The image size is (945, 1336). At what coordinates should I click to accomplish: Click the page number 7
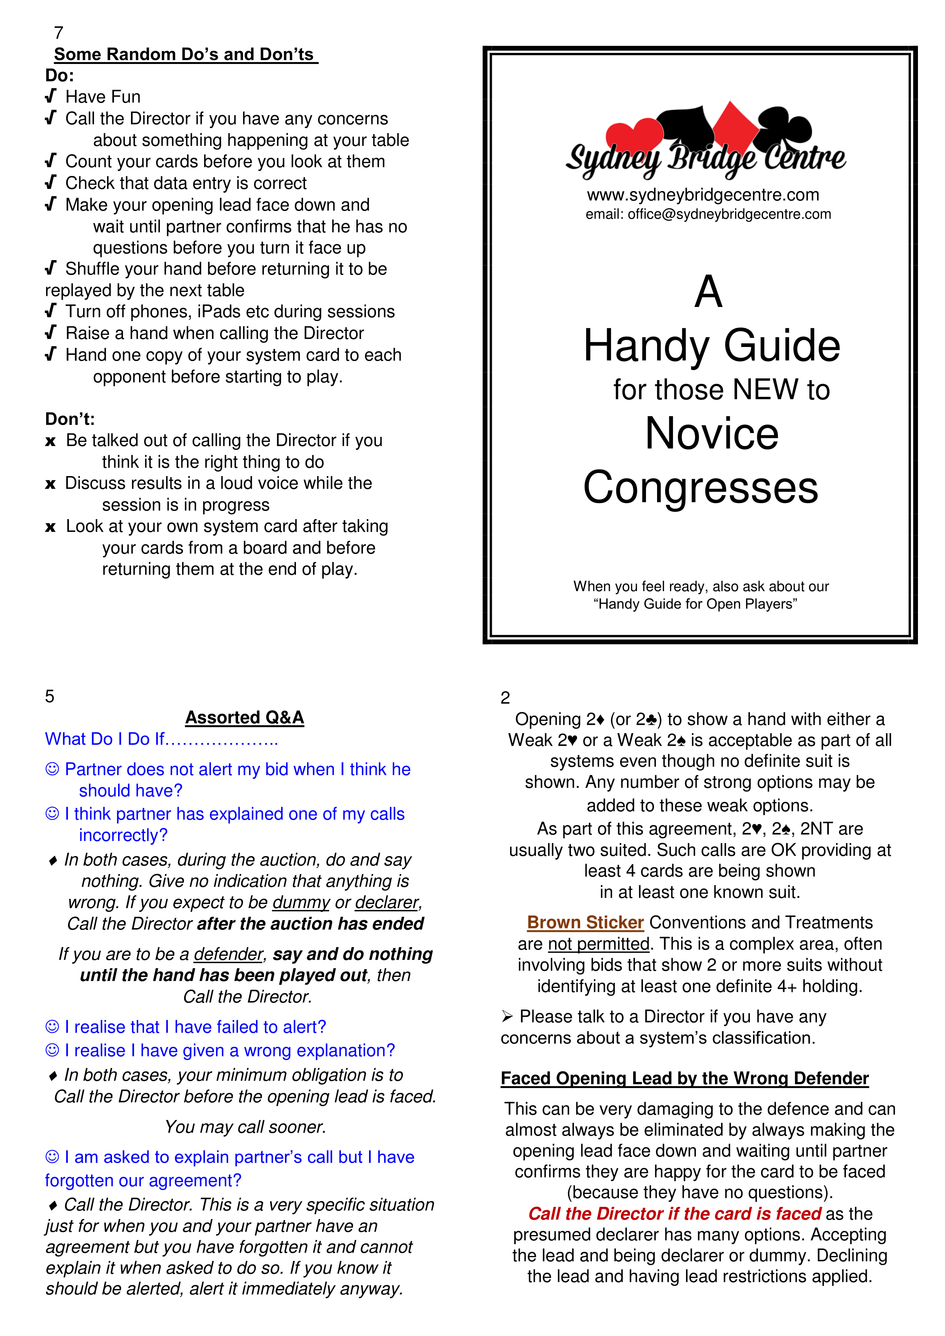tap(58, 33)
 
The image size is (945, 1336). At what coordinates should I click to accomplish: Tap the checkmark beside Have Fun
tap(51, 96)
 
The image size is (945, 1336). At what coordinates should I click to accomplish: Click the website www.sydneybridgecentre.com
tap(702, 195)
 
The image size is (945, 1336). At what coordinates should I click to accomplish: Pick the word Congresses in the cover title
tap(700, 487)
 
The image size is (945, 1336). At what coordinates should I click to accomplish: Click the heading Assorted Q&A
tap(245, 718)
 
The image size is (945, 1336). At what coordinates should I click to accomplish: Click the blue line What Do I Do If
tap(161, 739)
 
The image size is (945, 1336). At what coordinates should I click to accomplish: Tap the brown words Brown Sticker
tap(585, 922)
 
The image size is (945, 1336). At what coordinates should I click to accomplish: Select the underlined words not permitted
tap(598, 944)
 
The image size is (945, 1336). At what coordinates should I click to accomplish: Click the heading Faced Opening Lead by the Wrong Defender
tap(684, 1078)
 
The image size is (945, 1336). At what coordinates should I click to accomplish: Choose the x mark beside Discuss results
tap(51, 484)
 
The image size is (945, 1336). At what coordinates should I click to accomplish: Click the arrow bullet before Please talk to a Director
tap(507, 1016)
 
